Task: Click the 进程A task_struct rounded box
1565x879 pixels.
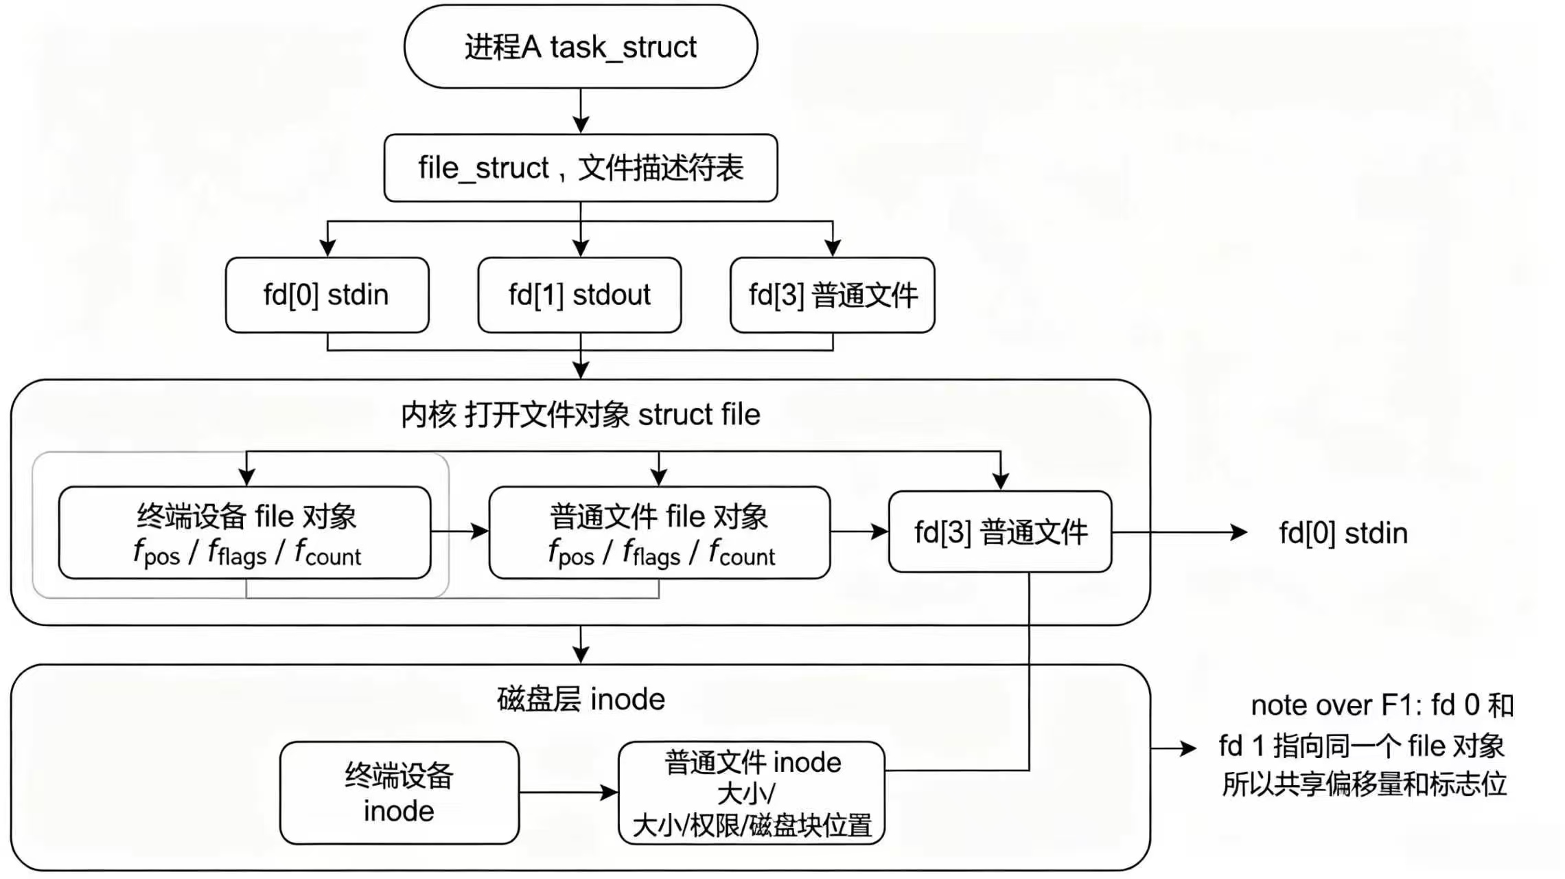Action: coord(581,47)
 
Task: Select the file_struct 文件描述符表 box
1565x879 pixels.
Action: coord(581,168)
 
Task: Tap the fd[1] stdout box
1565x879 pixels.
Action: coord(579,295)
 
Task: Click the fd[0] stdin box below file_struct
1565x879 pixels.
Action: coord(327,295)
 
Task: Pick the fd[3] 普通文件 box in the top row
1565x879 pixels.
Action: coord(833,295)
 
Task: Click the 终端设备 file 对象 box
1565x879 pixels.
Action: coord(245,533)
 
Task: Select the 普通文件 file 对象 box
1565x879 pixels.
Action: coord(660,533)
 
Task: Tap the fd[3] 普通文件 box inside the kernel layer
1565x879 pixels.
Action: coord(1000,532)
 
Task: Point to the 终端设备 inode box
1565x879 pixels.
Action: coord(399,792)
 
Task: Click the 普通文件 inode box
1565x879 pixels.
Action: coord(752,792)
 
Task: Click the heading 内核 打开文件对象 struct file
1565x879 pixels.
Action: coord(581,415)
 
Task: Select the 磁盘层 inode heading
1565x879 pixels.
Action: coord(581,699)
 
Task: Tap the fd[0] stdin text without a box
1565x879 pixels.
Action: coord(1343,533)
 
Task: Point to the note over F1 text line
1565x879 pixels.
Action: coord(1382,705)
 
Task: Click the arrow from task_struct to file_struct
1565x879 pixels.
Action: coord(581,111)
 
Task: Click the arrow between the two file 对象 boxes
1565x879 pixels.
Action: coord(460,531)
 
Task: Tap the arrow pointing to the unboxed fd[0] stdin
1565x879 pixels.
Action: coord(1180,532)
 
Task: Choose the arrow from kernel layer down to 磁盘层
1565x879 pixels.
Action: coord(581,644)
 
